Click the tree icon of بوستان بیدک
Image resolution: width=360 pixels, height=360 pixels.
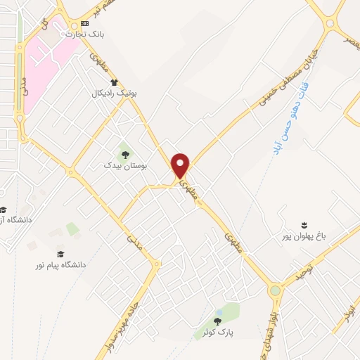click(x=125, y=154)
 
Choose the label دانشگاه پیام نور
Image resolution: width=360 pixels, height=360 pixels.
click(x=64, y=264)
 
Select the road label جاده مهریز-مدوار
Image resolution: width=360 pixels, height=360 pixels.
click(x=131, y=309)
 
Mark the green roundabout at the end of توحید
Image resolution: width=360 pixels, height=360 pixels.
click(x=275, y=290)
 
